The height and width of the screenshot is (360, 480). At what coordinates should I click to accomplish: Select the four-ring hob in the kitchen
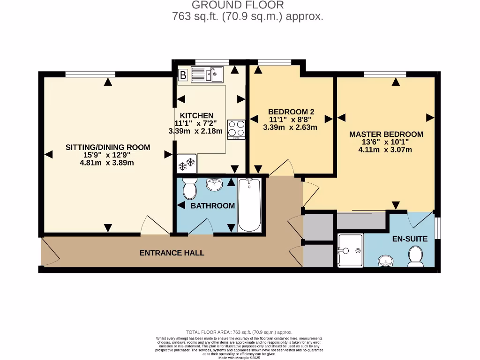coord(236,129)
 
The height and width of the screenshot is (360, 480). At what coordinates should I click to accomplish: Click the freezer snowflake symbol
coord(186,164)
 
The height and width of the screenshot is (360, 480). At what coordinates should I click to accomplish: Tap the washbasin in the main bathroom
coord(216,184)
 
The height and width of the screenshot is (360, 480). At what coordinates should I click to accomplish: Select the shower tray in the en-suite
coord(350,250)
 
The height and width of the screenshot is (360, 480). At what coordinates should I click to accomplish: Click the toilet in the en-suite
coord(415,256)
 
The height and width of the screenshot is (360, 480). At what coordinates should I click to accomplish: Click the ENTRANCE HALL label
coord(172,253)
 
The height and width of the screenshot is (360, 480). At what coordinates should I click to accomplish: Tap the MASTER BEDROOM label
coord(386,134)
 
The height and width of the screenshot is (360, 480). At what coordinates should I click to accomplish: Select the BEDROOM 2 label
coord(291,112)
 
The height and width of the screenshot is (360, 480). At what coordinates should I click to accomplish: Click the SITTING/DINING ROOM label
coord(108,147)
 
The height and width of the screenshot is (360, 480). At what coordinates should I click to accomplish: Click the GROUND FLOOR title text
coord(238,5)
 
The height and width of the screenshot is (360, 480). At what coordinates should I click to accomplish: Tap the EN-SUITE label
coord(410,239)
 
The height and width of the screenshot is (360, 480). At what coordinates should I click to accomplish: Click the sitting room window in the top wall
coord(90,74)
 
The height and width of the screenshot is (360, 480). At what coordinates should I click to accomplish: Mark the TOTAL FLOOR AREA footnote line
coord(239,331)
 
